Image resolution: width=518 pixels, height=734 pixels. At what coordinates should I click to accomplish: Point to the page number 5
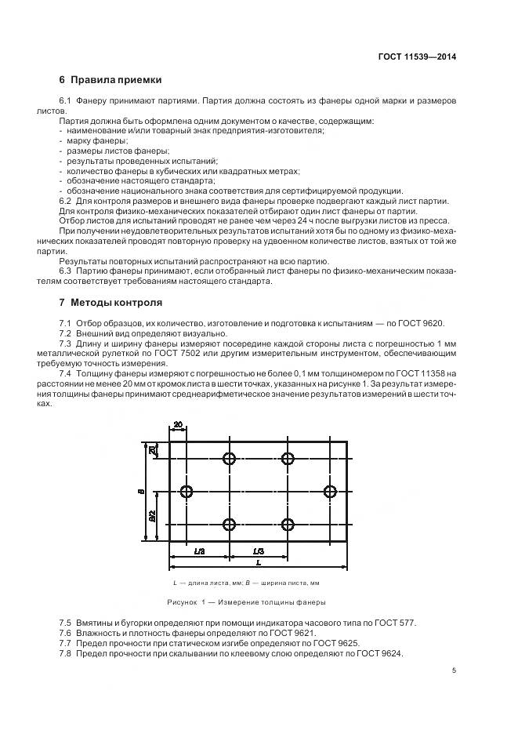(x=455, y=670)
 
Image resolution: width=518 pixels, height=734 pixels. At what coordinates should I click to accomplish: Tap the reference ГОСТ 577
(x=399, y=623)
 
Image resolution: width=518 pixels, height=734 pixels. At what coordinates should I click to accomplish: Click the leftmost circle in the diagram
(x=187, y=492)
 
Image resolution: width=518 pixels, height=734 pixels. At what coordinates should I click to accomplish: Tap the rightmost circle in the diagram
(x=330, y=492)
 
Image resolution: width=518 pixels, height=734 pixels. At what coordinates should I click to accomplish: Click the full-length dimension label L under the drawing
(x=259, y=563)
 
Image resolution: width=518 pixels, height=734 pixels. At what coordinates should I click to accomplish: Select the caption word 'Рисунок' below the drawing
(x=182, y=602)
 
